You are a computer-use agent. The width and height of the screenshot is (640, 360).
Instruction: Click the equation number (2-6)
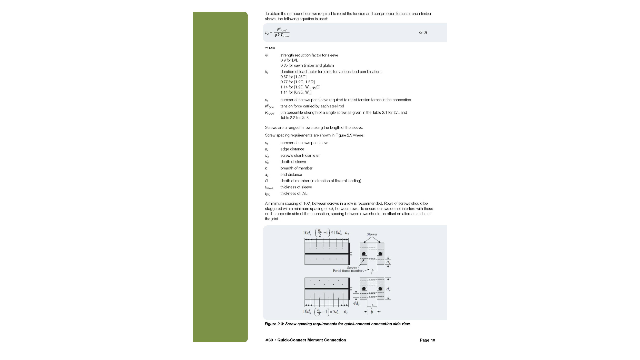423,33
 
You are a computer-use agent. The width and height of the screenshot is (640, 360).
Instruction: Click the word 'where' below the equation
270,48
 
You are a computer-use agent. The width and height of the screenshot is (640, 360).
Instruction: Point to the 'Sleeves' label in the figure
372,234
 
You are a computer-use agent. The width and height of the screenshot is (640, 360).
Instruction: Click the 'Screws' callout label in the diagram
352,268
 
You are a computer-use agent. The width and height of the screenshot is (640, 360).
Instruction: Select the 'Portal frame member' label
347,271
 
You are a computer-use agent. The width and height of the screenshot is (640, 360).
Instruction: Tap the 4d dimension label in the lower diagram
356,303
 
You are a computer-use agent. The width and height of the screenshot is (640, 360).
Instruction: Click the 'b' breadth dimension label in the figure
372,312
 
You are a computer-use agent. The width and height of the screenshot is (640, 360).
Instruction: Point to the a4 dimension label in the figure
388,262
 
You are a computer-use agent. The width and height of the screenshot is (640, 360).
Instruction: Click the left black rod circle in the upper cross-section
364,254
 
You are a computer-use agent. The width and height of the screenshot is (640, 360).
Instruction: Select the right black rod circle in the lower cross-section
380,289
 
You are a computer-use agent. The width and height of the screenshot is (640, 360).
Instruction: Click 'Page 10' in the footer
427,340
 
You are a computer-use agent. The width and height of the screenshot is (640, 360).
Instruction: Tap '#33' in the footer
269,340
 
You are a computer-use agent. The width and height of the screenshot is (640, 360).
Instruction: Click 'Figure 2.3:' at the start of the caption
275,324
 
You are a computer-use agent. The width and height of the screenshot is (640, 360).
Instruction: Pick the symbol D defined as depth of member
266,181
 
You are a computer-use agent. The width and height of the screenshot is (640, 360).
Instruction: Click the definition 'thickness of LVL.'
294,194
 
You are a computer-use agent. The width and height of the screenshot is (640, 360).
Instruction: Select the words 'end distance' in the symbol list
291,175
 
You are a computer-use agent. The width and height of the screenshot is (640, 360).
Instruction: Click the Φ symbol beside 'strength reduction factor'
267,55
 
